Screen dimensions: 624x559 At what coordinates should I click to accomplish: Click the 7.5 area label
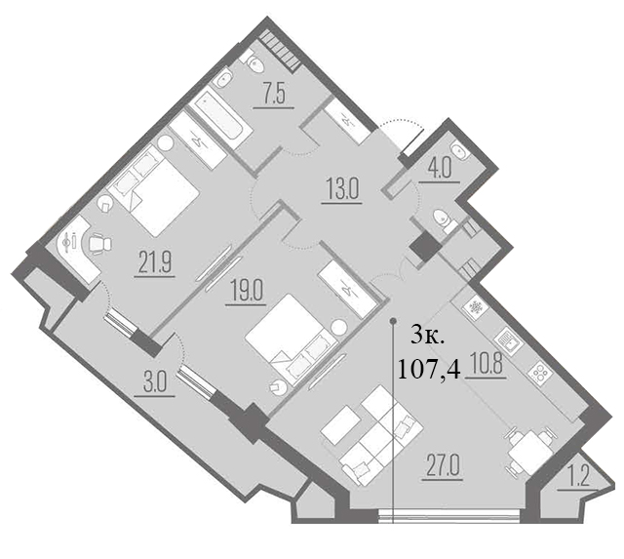click(274, 96)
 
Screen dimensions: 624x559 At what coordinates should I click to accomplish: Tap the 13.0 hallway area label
click(342, 189)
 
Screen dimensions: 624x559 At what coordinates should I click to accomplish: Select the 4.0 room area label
click(440, 170)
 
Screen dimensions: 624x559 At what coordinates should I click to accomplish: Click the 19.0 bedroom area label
click(246, 293)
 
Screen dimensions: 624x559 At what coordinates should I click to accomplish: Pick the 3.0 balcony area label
click(154, 384)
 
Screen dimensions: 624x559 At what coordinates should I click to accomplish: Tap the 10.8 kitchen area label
click(486, 365)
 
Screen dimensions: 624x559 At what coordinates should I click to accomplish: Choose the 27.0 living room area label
click(443, 467)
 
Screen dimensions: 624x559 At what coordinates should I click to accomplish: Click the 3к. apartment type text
click(427, 338)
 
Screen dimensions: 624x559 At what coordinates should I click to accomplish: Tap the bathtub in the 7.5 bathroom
click(220, 119)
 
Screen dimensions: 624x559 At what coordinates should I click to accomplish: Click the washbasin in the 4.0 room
click(460, 151)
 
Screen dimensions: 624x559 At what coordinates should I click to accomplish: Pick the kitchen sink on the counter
click(508, 339)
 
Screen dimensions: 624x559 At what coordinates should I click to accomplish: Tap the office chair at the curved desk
click(99, 243)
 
